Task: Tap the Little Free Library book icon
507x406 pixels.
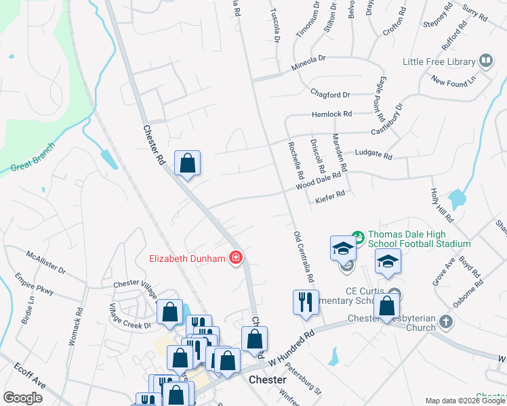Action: coord(485,61)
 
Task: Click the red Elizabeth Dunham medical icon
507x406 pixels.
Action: coord(236,257)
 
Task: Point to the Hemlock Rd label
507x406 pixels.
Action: coord(332,114)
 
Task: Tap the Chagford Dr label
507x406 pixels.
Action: coord(330,95)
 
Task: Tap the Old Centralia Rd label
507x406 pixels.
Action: coord(304,256)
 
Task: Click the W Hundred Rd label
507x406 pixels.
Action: coord(293,345)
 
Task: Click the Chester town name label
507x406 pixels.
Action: coord(267,380)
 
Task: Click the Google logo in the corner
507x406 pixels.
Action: coord(23,398)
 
